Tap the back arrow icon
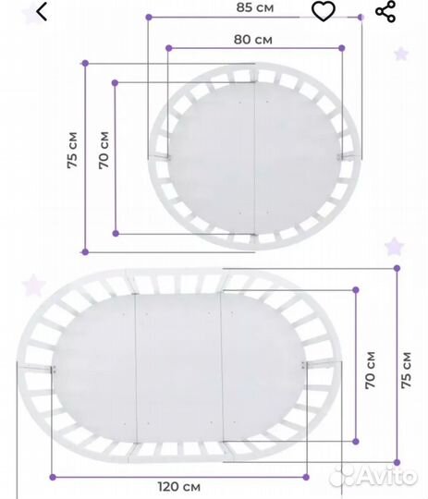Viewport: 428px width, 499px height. click(42, 11)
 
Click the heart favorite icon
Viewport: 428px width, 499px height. click(324, 12)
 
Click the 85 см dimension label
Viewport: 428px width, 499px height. click(255, 7)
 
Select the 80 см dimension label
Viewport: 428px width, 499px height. click(253, 40)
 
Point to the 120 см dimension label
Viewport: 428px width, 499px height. click(179, 487)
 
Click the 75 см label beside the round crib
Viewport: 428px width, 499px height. click(73, 150)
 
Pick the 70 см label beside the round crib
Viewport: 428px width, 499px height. click(104, 150)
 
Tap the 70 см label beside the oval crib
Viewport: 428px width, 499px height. click(371, 371)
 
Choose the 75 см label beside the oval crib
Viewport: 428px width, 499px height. click(406, 371)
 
